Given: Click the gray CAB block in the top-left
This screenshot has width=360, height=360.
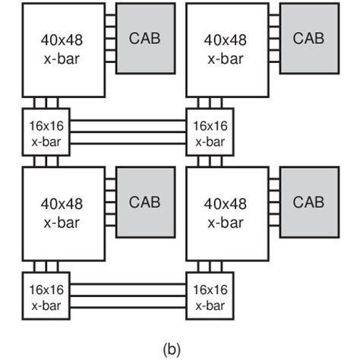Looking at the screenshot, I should [x=144, y=38].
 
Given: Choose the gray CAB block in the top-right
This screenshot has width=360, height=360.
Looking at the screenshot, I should [x=308, y=38].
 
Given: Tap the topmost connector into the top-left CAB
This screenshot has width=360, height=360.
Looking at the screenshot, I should [x=111, y=18].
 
